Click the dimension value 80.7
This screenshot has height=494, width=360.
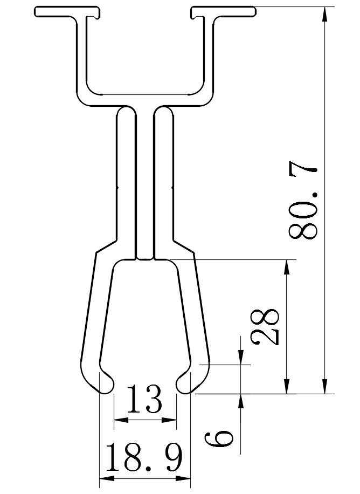(x=305, y=203)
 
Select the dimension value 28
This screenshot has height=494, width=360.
(x=266, y=327)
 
